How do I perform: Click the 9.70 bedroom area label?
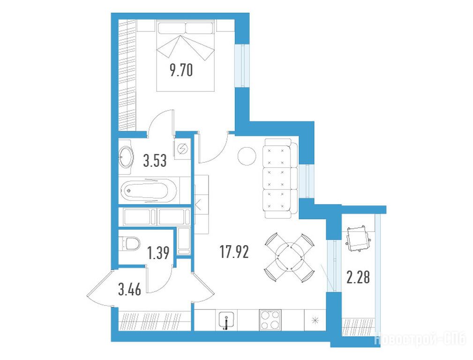[181, 71]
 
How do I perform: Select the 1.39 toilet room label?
[158, 253]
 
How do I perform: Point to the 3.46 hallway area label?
[130, 290]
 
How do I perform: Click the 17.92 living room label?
[234, 252]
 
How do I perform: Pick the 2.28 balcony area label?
[358, 277]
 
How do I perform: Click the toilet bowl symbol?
[131, 244]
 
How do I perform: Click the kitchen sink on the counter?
[226, 321]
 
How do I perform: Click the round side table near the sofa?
[247, 156]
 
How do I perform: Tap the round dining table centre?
[289, 257]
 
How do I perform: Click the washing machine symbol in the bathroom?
[182, 149]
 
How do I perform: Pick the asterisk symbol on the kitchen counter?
[315, 320]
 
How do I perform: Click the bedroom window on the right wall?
[242, 66]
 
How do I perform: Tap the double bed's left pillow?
[171, 28]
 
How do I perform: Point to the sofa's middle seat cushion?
[277, 178]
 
